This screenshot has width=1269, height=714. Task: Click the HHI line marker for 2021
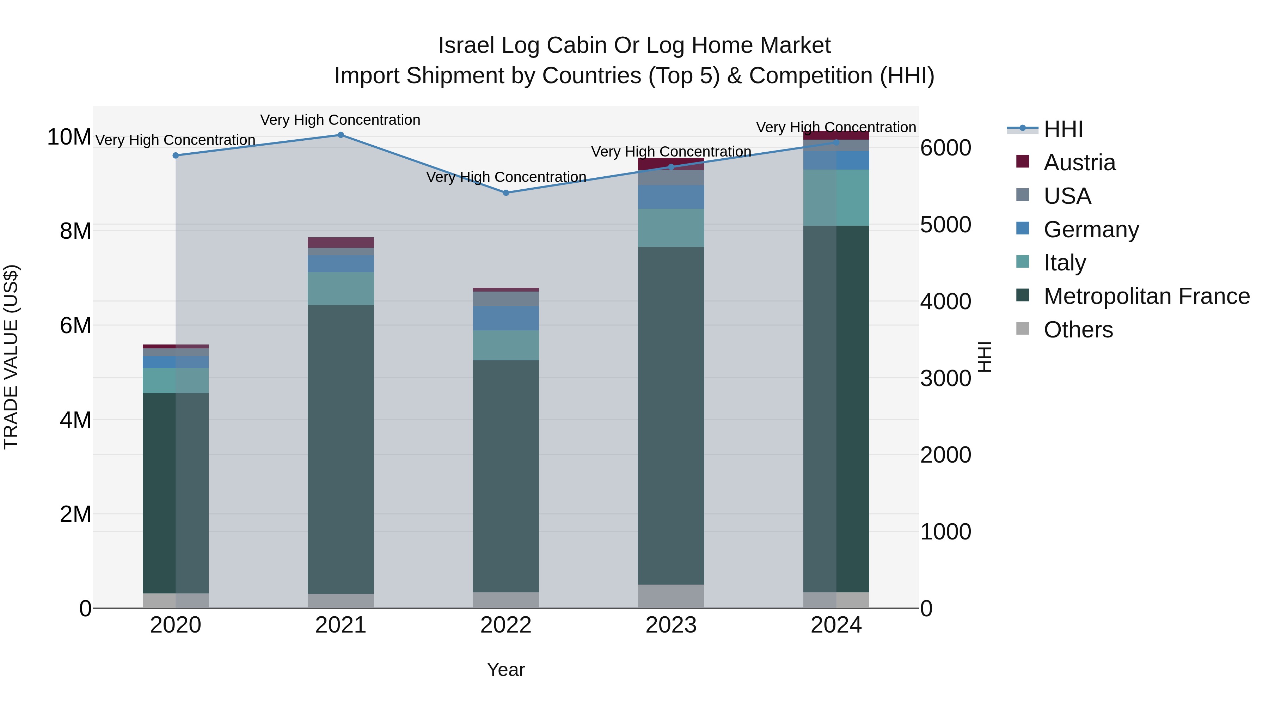click(x=341, y=135)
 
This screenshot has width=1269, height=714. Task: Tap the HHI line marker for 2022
click(x=506, y=193)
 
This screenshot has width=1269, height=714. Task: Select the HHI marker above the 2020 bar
click(x=176, y=155)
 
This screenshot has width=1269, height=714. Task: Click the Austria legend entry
click(x=1079, y=163)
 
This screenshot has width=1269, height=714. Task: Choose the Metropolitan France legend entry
click(x=1146, y=296)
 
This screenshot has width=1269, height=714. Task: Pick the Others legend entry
click(x=1078, y=330)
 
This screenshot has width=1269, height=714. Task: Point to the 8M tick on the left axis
click(x=75, y=231)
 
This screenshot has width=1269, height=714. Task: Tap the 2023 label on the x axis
click(x=671, y=625)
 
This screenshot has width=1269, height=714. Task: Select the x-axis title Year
click(x=506, y=670)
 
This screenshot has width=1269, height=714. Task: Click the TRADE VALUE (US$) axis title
click(x=11, y=357)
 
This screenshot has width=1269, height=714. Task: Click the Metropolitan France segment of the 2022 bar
click(x=506, y=476)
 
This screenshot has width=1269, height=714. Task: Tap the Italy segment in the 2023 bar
click(x=671, y=228)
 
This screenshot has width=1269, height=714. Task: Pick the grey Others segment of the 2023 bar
click(x=671, y=596)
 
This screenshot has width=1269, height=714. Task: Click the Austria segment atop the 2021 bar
click(x=341, y=243)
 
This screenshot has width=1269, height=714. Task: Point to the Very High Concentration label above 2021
click(x=341, y=120)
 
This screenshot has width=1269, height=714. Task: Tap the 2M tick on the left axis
click(x=75, y=514)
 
